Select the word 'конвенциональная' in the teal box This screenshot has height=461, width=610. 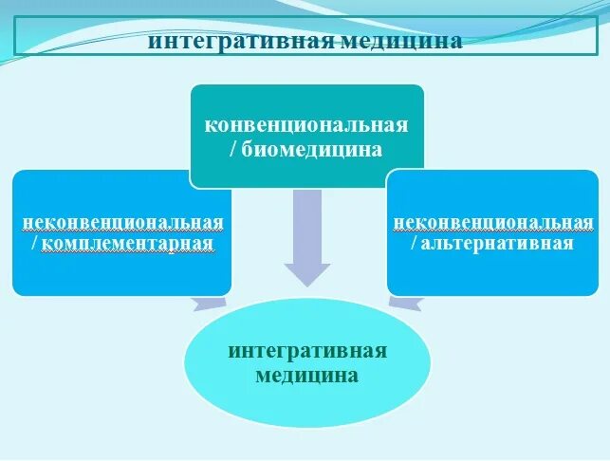306,125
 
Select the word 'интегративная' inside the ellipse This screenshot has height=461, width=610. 307,351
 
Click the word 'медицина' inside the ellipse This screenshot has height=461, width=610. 307,376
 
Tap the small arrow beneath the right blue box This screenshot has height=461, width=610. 406,302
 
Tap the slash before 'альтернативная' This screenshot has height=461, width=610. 416,244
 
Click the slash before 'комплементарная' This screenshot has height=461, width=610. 35,245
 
